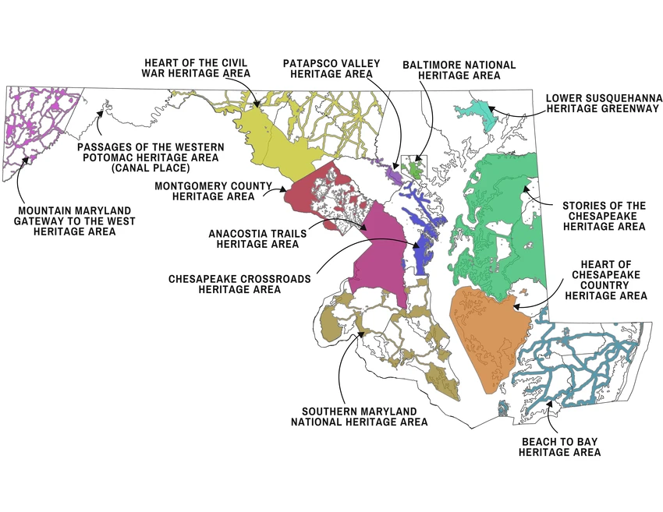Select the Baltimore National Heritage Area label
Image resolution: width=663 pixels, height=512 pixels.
pyautogui.click(x=459, y=70)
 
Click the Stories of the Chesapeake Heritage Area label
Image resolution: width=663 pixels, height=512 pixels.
pyautogui.click(x=604, y=216)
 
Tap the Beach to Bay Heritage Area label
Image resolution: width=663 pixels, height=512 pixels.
pyautogui.click(x=559, y=447)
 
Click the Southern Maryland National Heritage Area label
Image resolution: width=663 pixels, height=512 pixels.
pyautogui.click(x=360, y=416)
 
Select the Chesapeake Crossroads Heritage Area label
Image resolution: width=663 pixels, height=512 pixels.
pyautogui.click(x=239, y=284)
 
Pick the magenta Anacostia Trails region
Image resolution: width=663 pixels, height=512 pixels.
pyautogui.click(x=378, y=249)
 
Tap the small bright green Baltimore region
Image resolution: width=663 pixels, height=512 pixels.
pyautogui.click(x=414, y=168)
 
